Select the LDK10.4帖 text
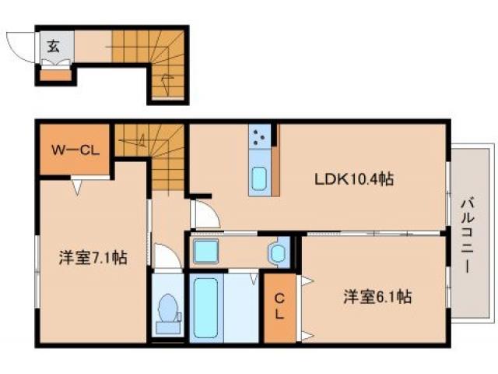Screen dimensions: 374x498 coord(353,179)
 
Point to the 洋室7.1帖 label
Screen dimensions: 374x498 coord(93,258)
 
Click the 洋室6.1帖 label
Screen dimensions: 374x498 coord(377,296)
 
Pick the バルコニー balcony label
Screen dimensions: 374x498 coord(469,233)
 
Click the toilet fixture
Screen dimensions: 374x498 coord(167,309)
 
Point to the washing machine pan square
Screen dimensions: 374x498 coord(205,252)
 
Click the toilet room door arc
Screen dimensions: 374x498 coord(167,256)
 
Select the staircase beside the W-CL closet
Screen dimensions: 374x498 coord(156,156)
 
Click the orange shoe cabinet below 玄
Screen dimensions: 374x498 coord(54,76)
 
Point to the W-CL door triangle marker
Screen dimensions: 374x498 coord(78,186)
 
